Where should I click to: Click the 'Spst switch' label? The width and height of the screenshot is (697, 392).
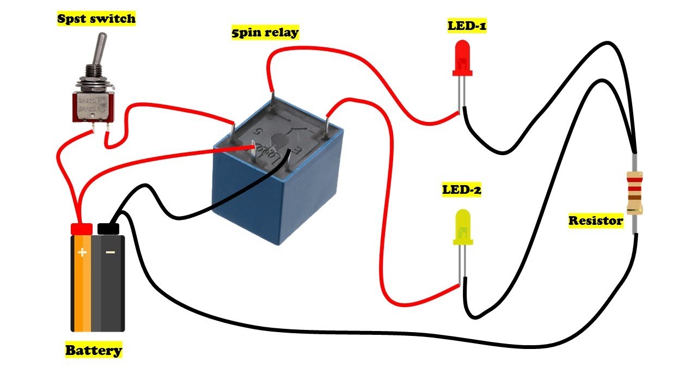pos(96,19)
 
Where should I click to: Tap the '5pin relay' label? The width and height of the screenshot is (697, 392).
pos(265,33)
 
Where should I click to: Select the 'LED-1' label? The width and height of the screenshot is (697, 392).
pos(467,26)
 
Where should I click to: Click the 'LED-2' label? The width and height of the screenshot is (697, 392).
pos(461,190)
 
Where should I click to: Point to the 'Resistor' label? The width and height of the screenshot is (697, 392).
pos(596,220)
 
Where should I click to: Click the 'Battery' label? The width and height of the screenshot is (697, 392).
pos(94,350)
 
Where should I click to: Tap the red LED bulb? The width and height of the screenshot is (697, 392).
pos(463,58)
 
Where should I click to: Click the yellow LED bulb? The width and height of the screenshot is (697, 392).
pos(463,228)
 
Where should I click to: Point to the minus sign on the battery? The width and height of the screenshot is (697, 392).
pos(110,253)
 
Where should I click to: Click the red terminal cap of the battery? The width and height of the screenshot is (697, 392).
pos(81,229)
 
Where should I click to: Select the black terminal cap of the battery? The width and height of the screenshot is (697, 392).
pos(108,228)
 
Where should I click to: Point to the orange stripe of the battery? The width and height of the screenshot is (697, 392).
pos(82,289)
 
